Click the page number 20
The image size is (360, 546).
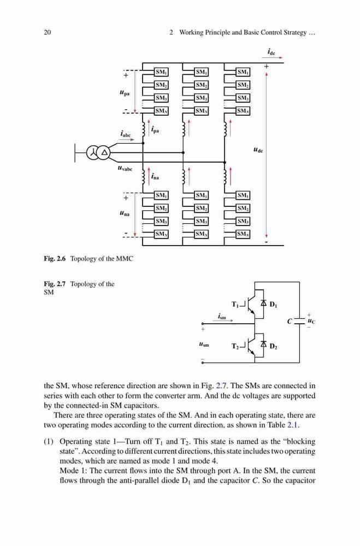click(48, 32)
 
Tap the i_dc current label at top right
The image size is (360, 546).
click(272, 52)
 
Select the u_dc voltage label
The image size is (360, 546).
click(258, 150)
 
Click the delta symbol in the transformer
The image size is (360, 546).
click(104, 152)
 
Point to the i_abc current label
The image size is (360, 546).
click(126, 134)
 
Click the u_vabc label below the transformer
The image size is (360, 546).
click(125, 169)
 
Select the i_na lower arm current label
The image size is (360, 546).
click(155, 176)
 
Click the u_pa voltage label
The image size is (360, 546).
click(124, 93)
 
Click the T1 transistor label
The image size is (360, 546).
click(235, 304)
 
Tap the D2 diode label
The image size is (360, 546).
click(274, 347)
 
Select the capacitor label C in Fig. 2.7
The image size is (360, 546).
click(289, 322)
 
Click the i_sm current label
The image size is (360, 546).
click(222, 316)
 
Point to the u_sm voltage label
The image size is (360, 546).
click(204, 345)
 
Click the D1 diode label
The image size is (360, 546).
click(274, 304)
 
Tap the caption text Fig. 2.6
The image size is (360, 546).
click(55, 259)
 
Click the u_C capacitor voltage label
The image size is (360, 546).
click(311, 321)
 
